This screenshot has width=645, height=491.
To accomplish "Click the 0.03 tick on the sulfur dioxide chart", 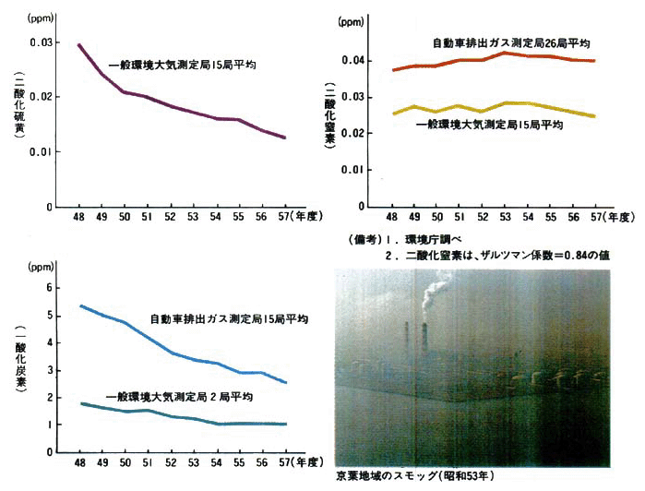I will tap(42, 42).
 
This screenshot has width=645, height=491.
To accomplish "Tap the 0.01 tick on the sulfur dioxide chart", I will tap(42, 151).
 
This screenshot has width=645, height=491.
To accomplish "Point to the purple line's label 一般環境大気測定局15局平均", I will tap(182, 66).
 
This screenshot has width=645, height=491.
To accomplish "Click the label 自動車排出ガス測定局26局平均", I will tap(511, 42).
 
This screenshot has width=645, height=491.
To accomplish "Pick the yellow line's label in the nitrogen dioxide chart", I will tap(489, 124).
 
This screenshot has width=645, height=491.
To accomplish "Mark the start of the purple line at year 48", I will tap(79, 43).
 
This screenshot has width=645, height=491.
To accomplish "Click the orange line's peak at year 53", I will tap(504, 53).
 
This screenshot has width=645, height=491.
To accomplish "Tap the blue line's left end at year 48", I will tap(81, 305).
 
